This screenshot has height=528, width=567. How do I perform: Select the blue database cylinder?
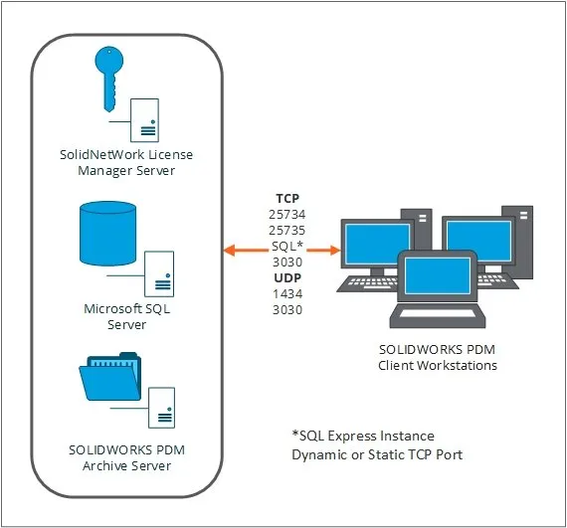[107, 234]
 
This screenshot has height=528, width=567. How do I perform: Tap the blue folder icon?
[110, 378]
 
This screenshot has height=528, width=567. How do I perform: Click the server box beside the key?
[144, 120]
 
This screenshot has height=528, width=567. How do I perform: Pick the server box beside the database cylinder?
[159, 273]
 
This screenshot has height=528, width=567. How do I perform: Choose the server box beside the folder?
[161, 408]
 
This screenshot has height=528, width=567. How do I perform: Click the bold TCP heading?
[287, 199]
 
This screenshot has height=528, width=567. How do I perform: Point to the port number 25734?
[287, 215]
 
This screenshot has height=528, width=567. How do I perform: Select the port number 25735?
[287, 231]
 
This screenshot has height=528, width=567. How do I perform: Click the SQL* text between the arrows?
[287, 247]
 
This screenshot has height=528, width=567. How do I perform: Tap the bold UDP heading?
[287, 277]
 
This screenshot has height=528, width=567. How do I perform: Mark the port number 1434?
[287, 293]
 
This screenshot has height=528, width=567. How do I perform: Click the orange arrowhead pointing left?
[230, 251]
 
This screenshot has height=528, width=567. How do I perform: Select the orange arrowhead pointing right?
[335, 251]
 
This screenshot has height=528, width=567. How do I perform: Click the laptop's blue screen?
[438, 275]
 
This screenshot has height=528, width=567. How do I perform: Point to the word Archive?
[104, 465]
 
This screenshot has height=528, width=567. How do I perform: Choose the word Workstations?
[457, 365]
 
